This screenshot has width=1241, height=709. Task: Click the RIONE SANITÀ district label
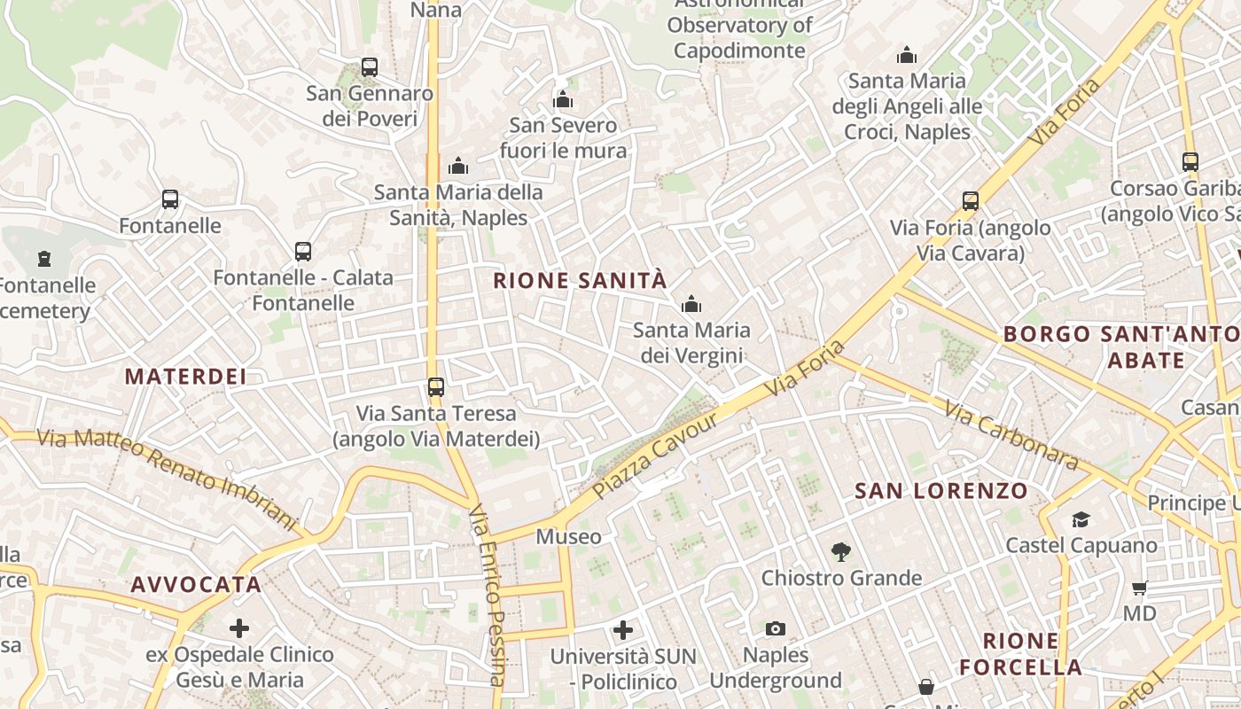tap(579, 281)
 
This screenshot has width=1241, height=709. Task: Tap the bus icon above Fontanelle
tap(170, 199)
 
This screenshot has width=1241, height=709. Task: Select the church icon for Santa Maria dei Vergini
tap(691, 305)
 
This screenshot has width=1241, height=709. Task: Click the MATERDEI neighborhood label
tap(185, 377)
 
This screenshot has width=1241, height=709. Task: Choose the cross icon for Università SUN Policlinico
tap(623, 630)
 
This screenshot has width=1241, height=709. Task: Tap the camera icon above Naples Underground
tap(776, 629)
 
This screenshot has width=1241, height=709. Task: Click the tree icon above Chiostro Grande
tap(841, 552)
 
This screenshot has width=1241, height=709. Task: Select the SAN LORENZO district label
tap(941, 491)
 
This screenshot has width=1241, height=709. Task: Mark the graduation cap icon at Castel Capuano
tap(1081, 519)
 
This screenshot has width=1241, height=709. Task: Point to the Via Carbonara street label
tap(1011, 435)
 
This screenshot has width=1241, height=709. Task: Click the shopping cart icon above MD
tap(1140, 588)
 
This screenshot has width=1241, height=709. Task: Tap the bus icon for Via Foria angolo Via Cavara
tap(971, 201)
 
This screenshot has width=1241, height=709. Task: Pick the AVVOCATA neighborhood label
tap(196, 585)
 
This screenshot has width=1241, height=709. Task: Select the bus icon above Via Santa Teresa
tap(436, 387)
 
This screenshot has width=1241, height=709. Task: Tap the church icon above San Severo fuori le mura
tap(563, 99)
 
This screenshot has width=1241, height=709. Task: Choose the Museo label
tap(568, 537)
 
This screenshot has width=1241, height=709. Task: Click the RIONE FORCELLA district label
tap(1020, 654)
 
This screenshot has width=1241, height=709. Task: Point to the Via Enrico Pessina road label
tap(488, 594)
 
